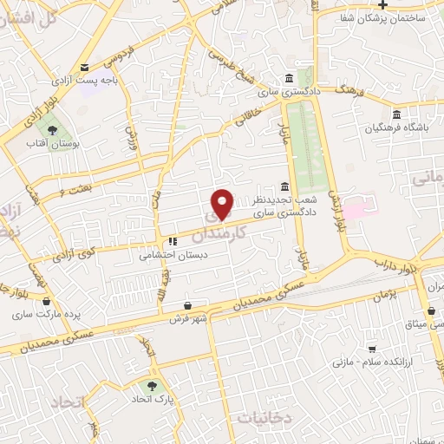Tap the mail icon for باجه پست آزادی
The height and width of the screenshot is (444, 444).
coord(84,67)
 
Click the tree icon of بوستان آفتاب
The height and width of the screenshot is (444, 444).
coord(54,130)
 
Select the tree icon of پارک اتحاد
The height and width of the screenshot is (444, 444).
coord(153,386)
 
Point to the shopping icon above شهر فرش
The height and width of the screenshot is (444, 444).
coord(189,305)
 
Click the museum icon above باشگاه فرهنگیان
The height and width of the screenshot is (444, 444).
coord(396,114)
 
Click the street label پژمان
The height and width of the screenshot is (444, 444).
coord(388,295)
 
